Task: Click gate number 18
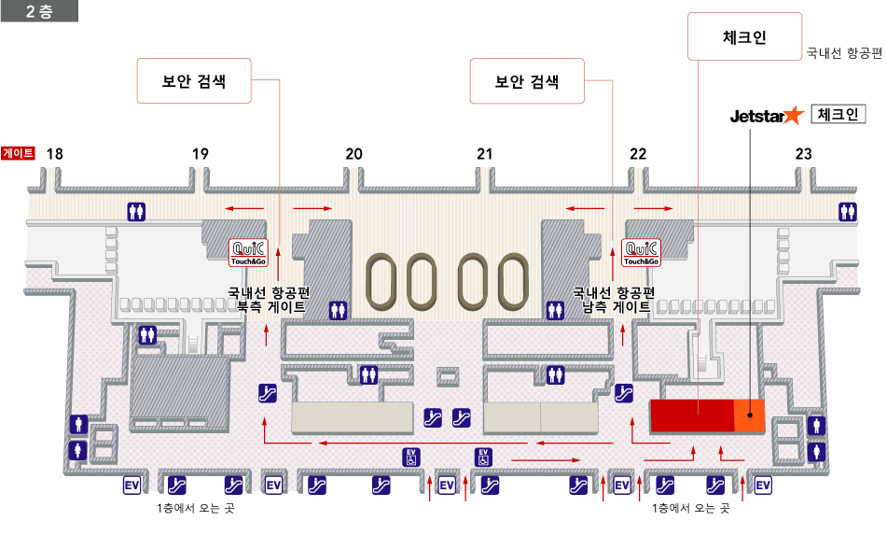55,154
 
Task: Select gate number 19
201,154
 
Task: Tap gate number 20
353,154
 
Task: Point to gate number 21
484,154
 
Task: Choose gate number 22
638,154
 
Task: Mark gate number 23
804,154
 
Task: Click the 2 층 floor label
39,11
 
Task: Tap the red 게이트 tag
19,153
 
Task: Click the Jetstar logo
766,116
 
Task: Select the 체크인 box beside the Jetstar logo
838,114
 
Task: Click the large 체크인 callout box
744,37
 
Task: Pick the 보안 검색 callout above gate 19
195,81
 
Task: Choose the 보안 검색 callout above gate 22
527,81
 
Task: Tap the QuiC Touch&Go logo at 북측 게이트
249,251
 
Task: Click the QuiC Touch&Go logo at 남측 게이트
641,251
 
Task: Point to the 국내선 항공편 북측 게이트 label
269,299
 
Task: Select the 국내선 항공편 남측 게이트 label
614,299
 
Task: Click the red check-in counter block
691,415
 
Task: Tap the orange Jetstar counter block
749,415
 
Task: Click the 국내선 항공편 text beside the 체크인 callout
844,53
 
